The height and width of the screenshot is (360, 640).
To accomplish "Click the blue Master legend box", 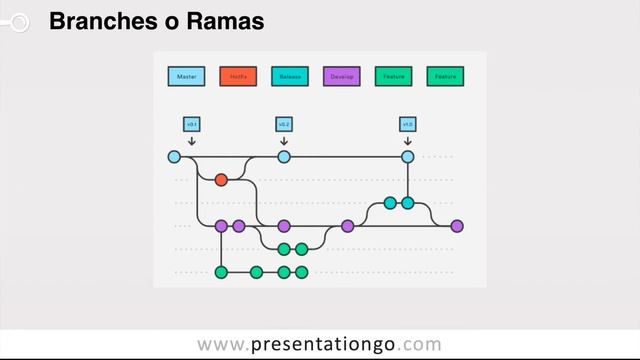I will click(186, 76).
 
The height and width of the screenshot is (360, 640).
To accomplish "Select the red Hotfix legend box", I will click(238, 76).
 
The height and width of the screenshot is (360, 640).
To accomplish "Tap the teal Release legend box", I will click(290, 76).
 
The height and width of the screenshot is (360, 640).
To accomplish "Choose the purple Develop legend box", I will click(342, 76).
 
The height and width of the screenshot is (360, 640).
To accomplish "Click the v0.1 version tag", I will click(192, 124).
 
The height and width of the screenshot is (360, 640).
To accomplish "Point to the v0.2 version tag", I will click(284, 124).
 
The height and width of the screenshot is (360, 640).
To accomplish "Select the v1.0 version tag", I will click(408, 124).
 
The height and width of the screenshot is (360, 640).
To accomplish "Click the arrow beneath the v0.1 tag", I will click(192, 141).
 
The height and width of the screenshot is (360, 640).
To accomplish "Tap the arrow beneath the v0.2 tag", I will click(284, 141).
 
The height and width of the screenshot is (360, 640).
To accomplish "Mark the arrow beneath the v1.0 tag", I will click(408, 141).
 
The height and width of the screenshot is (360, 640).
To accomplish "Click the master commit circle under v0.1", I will click(174, 157).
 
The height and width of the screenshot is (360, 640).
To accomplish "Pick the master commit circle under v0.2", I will click(284, 157).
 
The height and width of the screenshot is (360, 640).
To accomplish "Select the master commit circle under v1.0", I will click(408, 157).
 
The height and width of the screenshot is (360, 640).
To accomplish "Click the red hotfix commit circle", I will click(221, 180).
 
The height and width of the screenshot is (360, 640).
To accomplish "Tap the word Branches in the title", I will click(94, 20).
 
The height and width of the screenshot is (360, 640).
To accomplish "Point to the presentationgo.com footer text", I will click(319, 345).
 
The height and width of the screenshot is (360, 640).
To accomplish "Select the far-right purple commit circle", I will click(457, 226).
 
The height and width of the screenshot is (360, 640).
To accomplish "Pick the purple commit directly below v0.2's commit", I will click(284, 226).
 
